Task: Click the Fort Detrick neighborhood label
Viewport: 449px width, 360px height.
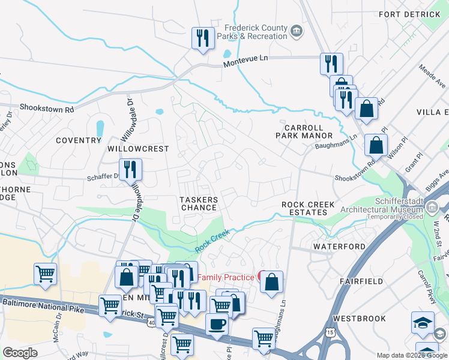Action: [x=410, y=14]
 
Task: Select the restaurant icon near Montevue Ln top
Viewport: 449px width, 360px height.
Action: [x=202, y=38]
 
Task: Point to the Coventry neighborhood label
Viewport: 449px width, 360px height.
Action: [x=78, y=140]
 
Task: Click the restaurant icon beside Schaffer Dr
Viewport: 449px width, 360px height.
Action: [x=130, y=169]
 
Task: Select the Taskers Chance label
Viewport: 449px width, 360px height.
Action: [x=199, y=203]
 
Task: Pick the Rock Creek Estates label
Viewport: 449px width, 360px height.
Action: [x=308, y=209]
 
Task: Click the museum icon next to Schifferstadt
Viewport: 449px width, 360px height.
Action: [x=432, y=208]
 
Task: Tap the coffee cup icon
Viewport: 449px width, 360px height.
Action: [x=216, y=324]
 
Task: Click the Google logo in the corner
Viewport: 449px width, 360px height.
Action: [x=20, y=353]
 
